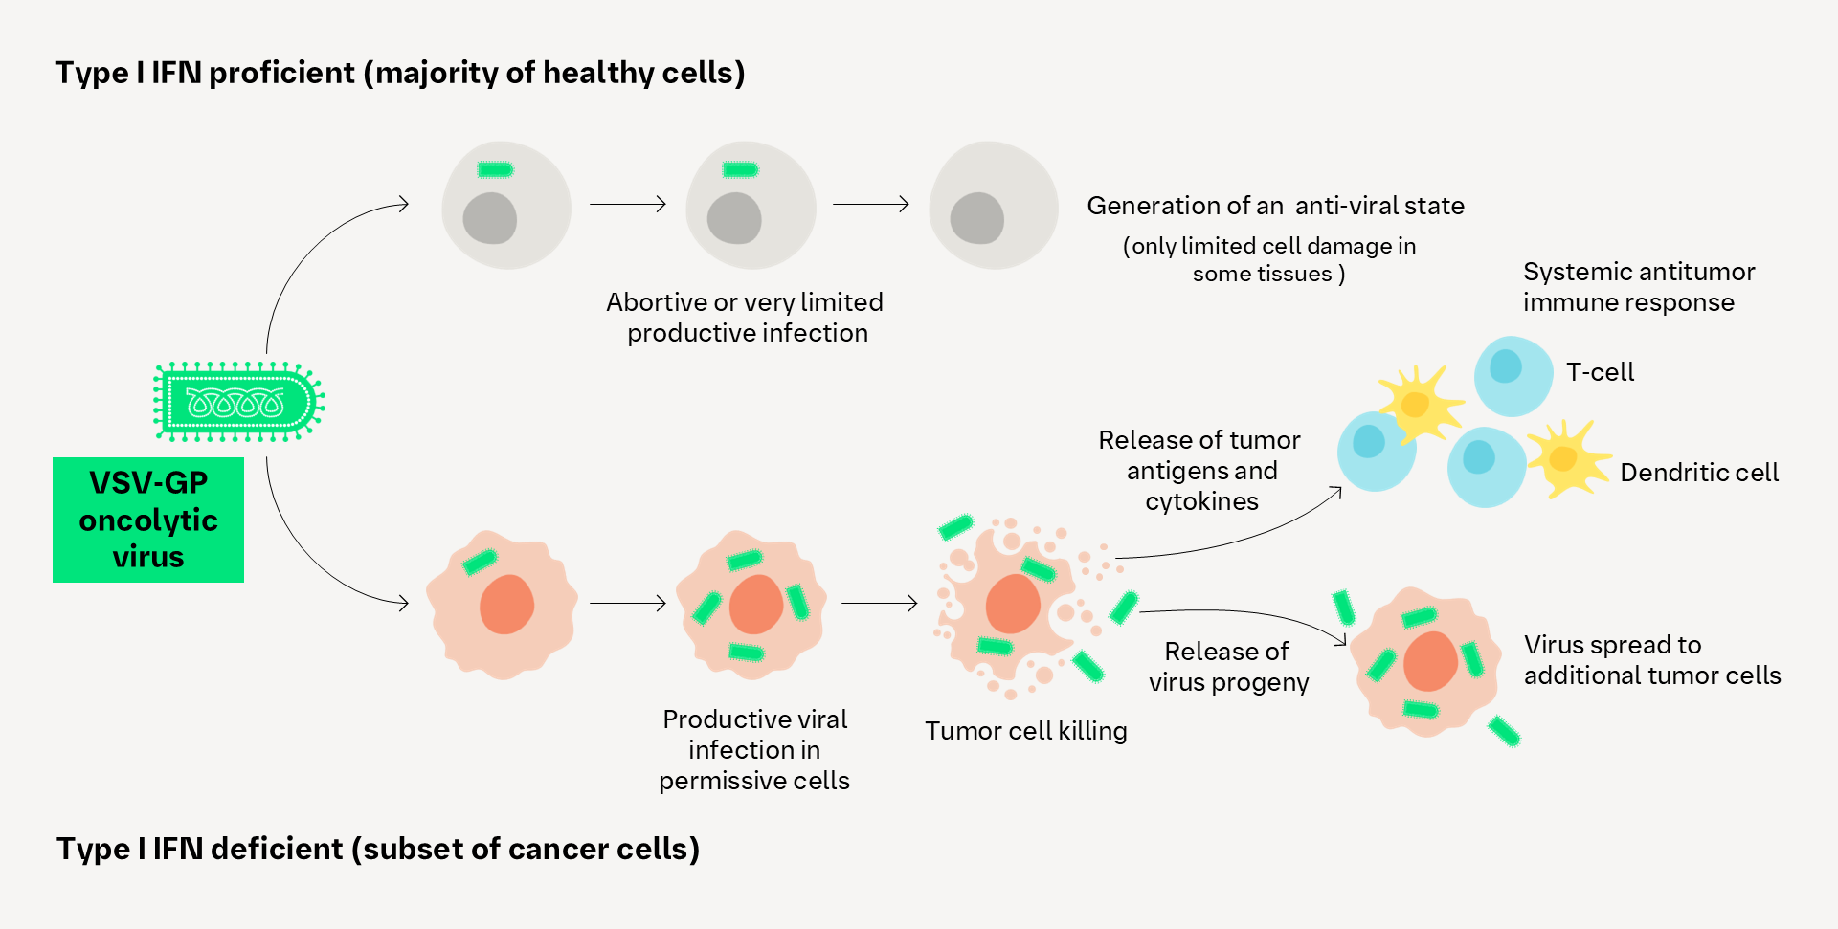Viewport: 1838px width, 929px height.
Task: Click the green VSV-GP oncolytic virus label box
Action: click(x=148, y=520)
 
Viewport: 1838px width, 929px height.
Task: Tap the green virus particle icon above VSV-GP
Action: click(x=239, y=402)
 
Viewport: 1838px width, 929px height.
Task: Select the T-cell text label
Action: click(x=1600, y=372)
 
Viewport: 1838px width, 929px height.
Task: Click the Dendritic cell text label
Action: click(x=1699, y=473)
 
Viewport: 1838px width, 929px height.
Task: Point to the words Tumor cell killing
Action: click(x=1026, y=731)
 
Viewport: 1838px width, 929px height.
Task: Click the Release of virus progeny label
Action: click(x=1228, y=667)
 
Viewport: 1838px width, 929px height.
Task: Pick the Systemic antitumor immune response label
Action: click(x=1639, y=287)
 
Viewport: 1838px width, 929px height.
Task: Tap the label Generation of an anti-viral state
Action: click(x=1276, y=206)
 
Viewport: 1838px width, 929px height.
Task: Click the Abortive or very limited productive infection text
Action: click(x=745, y=318)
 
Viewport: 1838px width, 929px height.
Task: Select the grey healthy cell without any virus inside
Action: click(x=994, y=206)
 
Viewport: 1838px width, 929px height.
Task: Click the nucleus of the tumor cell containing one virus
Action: click(x=506, y=605)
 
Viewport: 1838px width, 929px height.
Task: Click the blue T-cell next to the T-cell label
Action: click(x=1513, y=375)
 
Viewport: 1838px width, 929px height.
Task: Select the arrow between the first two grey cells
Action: click(x=628, y=204)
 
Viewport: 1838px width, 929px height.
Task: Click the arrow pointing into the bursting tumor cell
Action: click(x=880, y=604)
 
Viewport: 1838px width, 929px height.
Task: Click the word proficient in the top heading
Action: click(x=281, y=73)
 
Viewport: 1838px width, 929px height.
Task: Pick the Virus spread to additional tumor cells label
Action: click(x=1652, y=660)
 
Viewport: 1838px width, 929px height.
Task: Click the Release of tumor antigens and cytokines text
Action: click(x=1200, y=471)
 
